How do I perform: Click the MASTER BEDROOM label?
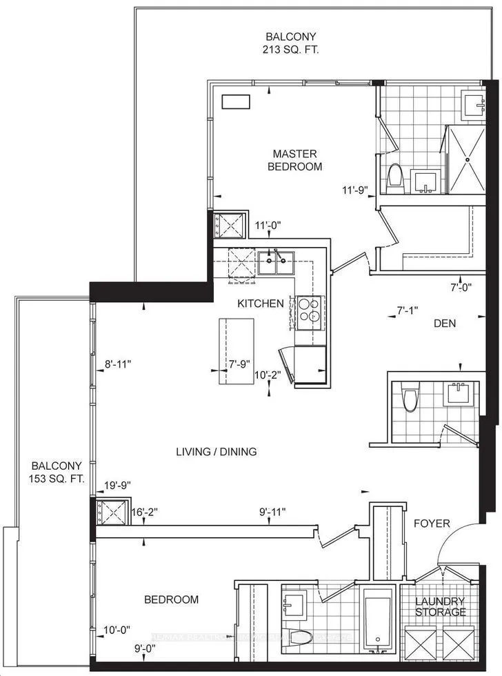tap(297, 160)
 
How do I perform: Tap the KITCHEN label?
tap(261, 304)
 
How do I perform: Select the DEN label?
tap(445, 323)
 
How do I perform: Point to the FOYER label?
tap(432, 524)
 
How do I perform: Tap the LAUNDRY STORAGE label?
tap(440, 606)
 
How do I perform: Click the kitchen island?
tap(233, 351)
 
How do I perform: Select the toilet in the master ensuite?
tap(395, 176)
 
